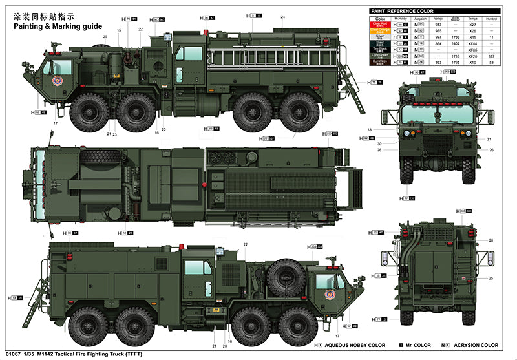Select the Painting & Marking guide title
pos(52,26)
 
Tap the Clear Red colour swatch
pos(381,25)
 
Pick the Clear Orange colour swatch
pos(381,31)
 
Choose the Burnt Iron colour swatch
pos(381,62)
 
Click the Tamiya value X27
pos(472,25)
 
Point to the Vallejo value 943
pos(438,25)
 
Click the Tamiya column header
pos(472,19)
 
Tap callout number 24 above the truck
pos(283,16)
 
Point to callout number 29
pos(105,37)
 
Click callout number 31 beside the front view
pos(489,140)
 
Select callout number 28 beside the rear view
pos(491,240)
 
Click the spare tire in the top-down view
pos(100,158)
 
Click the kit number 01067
pos(12,353)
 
